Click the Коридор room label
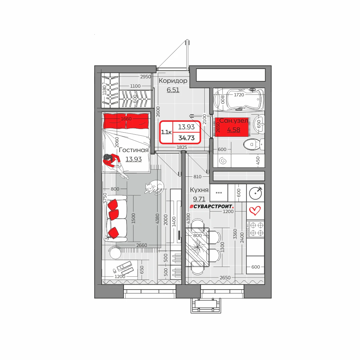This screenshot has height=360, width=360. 173,81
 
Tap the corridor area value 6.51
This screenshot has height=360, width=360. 173,90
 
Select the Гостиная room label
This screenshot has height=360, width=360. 133,150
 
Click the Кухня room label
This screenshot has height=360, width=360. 199,190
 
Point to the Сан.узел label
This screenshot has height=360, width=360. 233,121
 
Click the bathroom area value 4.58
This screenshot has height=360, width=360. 233,130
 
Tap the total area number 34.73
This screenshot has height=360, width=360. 186,138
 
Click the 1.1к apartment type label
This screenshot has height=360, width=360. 166,132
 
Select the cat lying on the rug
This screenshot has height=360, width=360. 154,187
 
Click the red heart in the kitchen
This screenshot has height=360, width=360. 255,211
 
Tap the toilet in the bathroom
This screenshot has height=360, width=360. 254,144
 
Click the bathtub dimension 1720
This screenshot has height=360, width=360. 239,95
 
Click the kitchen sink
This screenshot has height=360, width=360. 255,193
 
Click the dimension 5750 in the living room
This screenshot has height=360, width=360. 105,198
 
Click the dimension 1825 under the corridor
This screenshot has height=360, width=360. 182,147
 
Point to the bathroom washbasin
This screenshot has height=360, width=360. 259,124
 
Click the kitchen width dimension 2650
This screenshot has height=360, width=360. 225,278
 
